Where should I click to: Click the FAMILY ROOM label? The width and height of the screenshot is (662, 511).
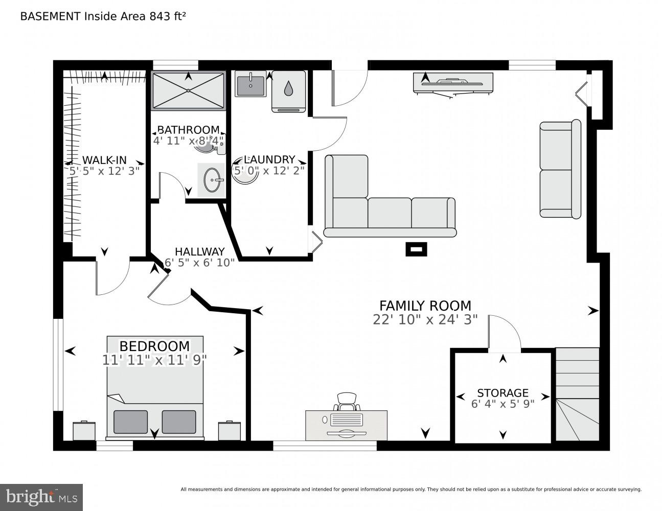coord(425,306)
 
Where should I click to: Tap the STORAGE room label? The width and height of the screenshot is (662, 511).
coord(503,392)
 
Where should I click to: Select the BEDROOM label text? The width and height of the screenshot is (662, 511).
coord(154,346)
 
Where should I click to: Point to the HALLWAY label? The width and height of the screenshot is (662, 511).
coord(199,251)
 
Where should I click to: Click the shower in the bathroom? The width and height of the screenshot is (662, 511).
coord(188,90)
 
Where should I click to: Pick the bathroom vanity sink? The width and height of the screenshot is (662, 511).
coord(211,180)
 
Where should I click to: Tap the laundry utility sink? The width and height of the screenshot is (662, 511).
coord(250,84)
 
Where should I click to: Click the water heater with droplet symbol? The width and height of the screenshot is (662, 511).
coord(288,90)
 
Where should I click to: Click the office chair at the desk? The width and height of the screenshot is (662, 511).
coord(347,401)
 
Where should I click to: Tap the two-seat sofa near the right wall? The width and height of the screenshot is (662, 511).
coord(560,170)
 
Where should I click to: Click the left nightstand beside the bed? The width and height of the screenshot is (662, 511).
coord(84,430)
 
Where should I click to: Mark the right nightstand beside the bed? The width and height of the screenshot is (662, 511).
coord(230,430)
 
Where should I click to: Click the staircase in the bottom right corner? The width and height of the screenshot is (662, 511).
coord(577,394)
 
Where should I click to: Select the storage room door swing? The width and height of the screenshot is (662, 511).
coord(504,333)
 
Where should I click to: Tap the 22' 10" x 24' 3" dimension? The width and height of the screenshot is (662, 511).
coord(425,319)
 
